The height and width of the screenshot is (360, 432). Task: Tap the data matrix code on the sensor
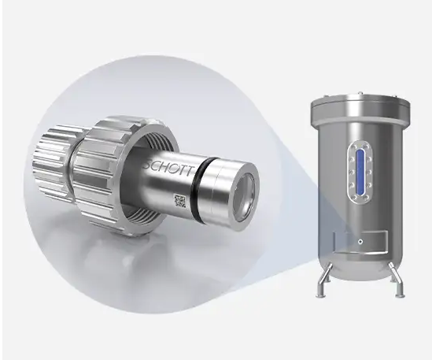click(x=181, y=204)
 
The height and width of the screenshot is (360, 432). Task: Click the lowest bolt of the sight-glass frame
click(x=360, y=197)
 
